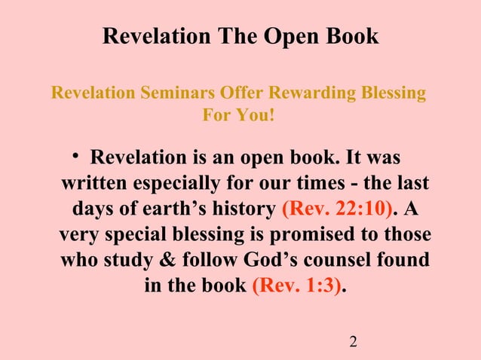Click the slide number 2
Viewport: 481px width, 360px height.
[x=353, y=343]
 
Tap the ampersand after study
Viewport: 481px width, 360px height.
[x=159, y=261]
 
